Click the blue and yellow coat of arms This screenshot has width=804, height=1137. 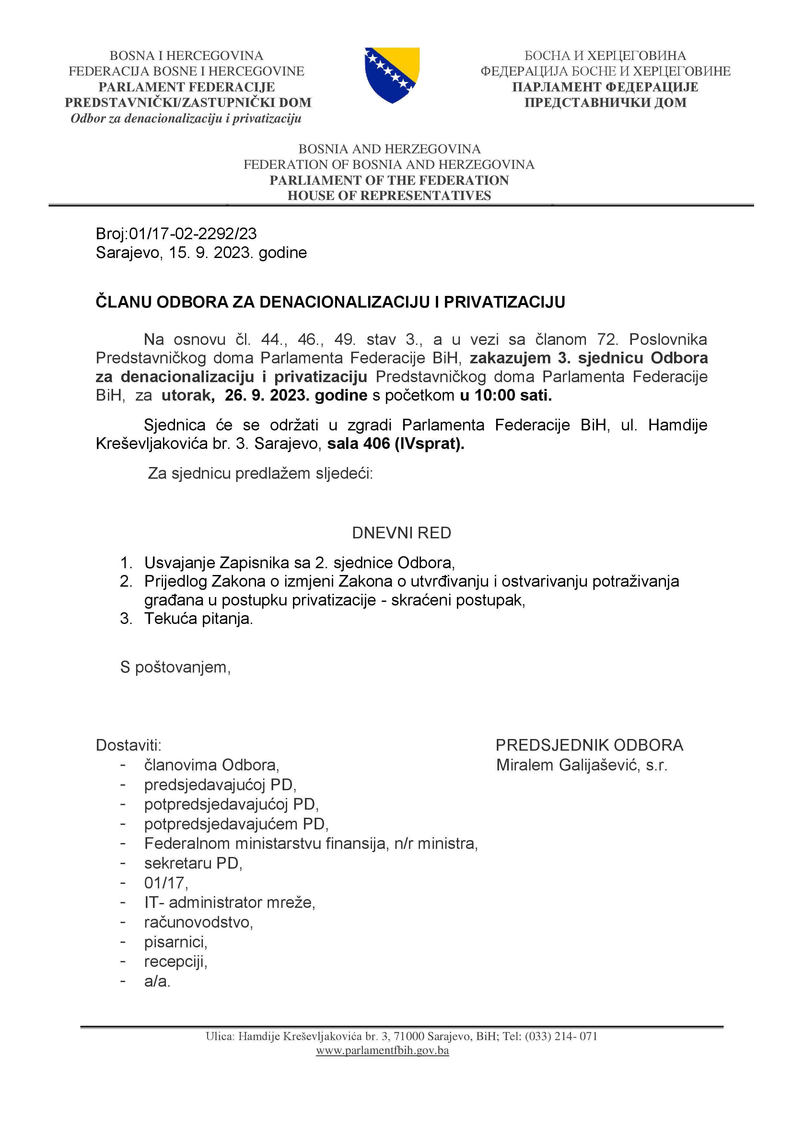pyautogui.click(x=392, y=75)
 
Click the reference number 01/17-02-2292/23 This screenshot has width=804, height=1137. pyautogui.click(x=192, y=233)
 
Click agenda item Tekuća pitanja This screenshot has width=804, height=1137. pyautogui.click(x=199, y=618)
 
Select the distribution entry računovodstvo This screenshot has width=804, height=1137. pyautogui.click(x=199, y=922)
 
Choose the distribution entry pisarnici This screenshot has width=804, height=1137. pyautogui.click(x=176, y=942)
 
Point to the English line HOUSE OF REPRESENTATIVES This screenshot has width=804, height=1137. pyautogui.click(x=389, y=196)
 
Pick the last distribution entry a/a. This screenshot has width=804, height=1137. pyautogui.click(x=157, y=981)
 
